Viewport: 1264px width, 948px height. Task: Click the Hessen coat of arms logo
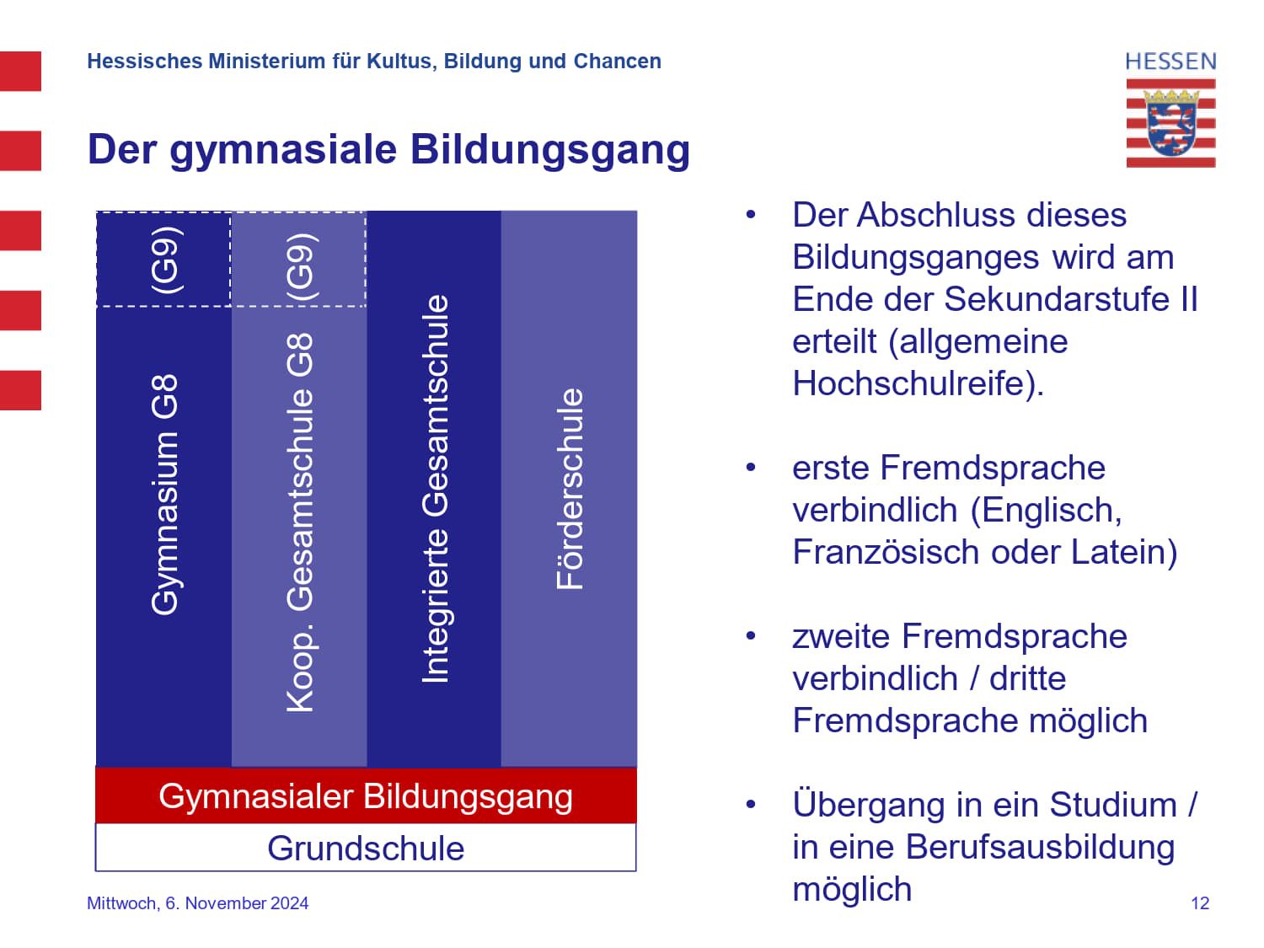point(1170,123)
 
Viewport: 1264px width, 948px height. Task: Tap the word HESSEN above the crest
point(1170,62)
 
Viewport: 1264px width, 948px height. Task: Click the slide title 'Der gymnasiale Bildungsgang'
point(388,149)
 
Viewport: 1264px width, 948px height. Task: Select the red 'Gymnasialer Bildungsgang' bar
point(366,796)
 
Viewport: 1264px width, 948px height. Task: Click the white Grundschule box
point(366,848)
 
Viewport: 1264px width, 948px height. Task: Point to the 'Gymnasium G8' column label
point(164,495)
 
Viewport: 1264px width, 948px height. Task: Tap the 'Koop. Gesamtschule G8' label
point(300,522)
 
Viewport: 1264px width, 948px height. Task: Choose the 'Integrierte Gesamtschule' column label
point(435,489)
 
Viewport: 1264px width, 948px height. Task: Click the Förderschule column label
point(570,489)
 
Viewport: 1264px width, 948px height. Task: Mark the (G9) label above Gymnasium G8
point(164,260)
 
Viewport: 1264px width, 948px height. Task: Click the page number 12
point(1200,903)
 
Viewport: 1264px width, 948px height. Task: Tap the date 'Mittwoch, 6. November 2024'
point(197,903)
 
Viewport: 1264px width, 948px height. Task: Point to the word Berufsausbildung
point(1040,847)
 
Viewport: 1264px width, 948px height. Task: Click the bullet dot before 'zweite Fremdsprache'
point(750,635)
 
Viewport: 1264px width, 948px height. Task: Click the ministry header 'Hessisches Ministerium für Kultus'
point(373,62)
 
